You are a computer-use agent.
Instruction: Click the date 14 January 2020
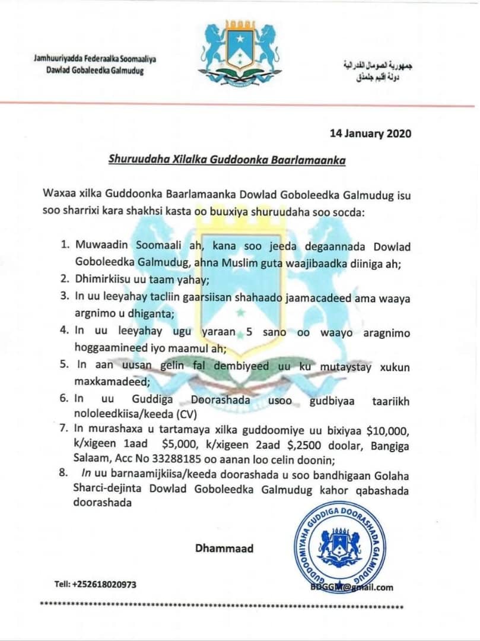[370, 133]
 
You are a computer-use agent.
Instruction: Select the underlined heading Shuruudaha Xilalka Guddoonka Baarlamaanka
[227, 159]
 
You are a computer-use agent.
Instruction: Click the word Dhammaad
[224, 548]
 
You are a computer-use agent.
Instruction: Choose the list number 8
[65, 476]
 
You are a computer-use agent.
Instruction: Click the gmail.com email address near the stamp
[352, 588]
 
